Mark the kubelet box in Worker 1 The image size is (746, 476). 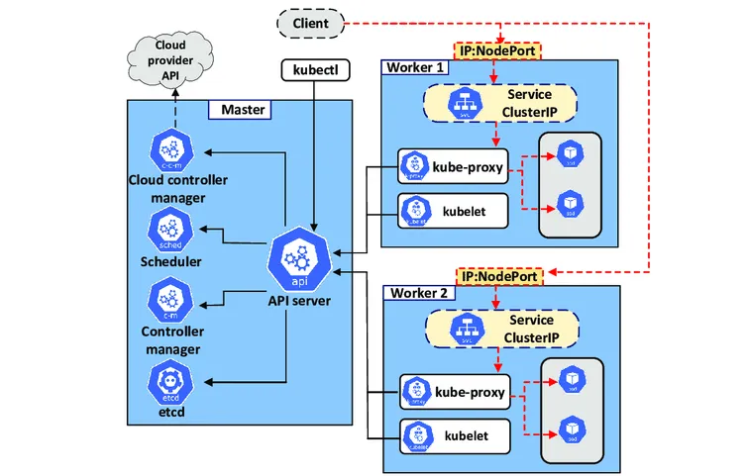[x=453, y=210]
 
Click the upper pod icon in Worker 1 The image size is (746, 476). [x=570, y=153]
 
